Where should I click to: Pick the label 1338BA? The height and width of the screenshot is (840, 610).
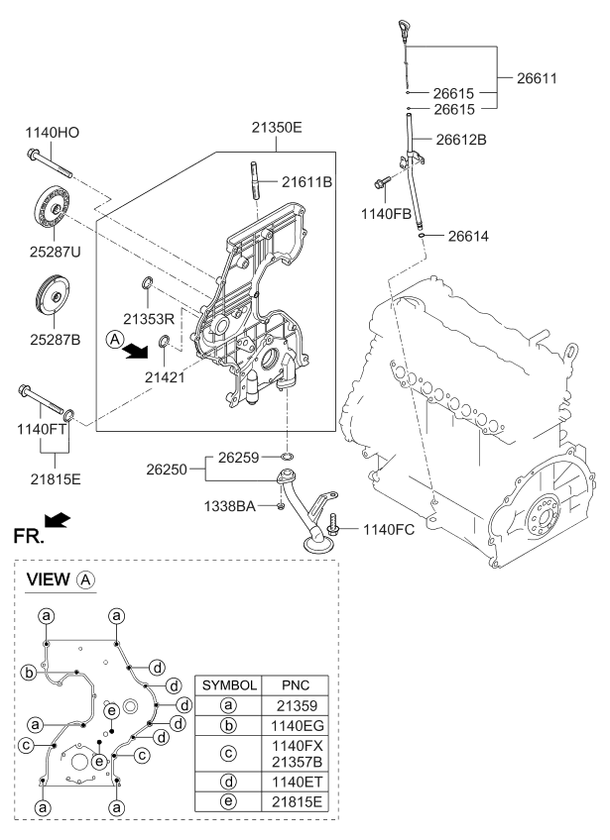pos(231,506)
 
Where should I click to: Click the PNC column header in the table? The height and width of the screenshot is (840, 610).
pos(297,684)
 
